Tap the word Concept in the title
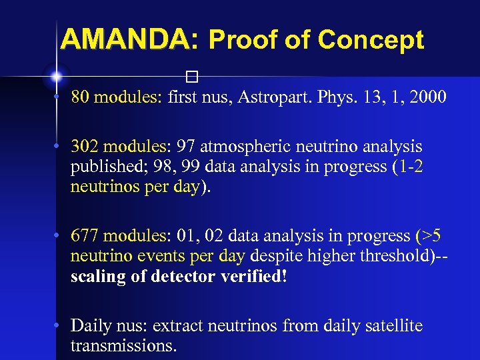(x=371, y=41)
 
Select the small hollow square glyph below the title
(x=193, y=75)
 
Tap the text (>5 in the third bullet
(x=427, y=236)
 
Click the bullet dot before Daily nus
(x=59, y=325)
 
